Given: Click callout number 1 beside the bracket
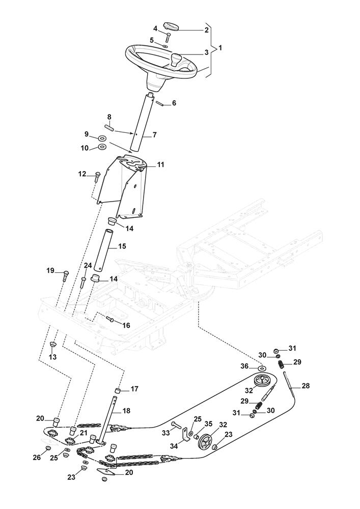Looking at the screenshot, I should [220, 48].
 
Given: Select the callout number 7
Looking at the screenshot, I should [155, 135].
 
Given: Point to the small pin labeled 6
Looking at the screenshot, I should [159, 103].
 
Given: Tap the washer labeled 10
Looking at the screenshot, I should [102, 148].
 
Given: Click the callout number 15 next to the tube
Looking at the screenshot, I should [122, 246].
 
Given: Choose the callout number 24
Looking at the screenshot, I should [88, 266].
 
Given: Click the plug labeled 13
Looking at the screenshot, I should [52, 346].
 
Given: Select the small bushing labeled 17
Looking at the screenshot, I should [117, 390].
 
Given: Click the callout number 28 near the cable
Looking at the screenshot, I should [306, 386].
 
